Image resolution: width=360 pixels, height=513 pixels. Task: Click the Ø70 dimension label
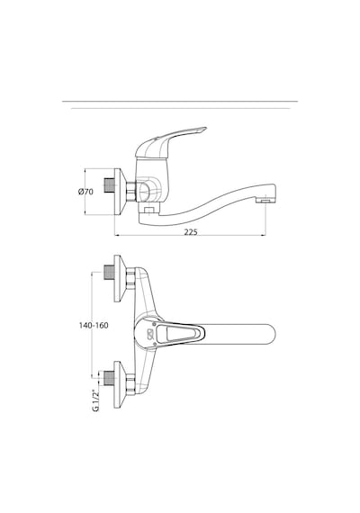pyautogui.click(x=85, y=192)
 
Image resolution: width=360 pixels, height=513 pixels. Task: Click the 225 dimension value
pyautogui.click(x=191, y=232)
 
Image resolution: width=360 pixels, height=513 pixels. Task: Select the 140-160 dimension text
pyautogui.click(x=94, y=326)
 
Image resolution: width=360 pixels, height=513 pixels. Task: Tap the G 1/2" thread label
pyautogui.click(x=95, y=400)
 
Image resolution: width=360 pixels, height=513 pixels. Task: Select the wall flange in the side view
pyautogui.click(x=120, y=192)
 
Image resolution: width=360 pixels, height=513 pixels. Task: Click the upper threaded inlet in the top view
pyautogui.click(x=109, y=272)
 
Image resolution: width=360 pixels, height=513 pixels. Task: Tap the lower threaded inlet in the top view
pyautogui.click(x=109, y=378)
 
